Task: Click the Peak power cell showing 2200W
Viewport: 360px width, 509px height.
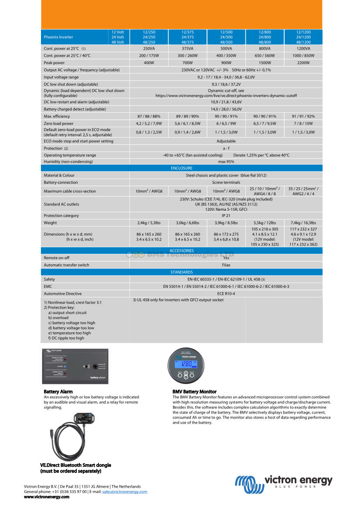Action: pos(303,63)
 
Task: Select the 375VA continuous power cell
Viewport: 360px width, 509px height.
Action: pos(187,48)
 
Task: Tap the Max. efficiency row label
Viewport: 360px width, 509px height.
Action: pos(57,116)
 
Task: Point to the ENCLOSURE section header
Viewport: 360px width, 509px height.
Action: pos(182,168)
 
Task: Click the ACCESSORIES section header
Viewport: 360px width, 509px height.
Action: pos(182,250)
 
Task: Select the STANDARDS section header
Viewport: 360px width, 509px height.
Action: pos(182,272)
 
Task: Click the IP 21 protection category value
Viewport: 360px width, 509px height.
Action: pos(226,216)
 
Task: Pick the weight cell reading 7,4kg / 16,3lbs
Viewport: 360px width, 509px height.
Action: pos(303,222)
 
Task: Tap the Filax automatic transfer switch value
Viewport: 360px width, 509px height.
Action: pos(226,265)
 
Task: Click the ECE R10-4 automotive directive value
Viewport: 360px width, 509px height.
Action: pos(226,293)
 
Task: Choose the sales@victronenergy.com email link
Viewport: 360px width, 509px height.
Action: pos(125,492)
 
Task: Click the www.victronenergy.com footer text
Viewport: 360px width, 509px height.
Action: pos(47,497)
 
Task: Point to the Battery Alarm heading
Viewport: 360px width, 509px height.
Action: pos(58,392)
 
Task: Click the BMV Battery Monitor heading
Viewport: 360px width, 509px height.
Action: pos(194,392)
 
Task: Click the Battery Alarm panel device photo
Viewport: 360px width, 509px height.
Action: pos(75,366)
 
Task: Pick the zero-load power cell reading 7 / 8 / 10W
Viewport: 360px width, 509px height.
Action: pos(303,123)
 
